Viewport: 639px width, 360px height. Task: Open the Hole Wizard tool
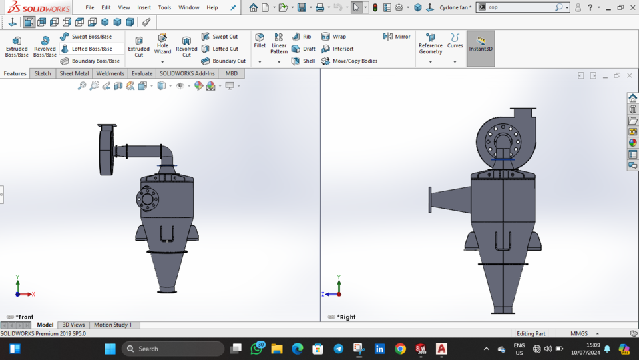162,45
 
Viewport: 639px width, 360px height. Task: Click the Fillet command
260,41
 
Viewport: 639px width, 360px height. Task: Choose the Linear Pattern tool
279,44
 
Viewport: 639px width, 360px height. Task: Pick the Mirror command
397,37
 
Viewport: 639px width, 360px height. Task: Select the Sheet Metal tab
74,73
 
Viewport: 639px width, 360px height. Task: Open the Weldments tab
110,73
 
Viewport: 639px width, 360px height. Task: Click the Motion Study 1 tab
112,325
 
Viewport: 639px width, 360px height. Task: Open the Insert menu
144,7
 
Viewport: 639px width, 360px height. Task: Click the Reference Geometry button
430,45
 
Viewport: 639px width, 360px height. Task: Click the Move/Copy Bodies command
349,61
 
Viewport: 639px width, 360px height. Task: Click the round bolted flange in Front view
147,198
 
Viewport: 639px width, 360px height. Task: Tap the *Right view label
347,317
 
